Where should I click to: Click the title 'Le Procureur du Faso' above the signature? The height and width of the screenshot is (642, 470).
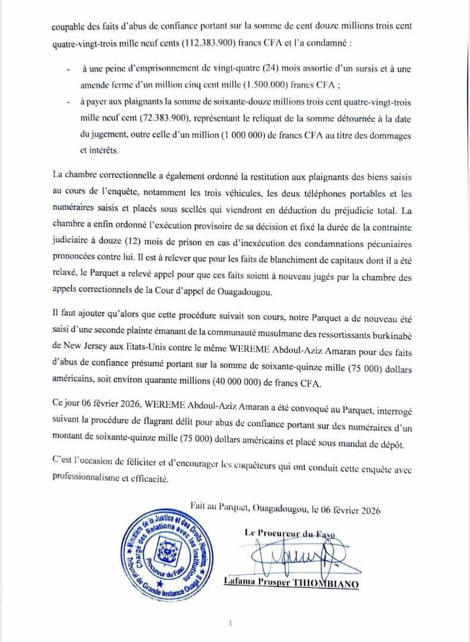point(290,533)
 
